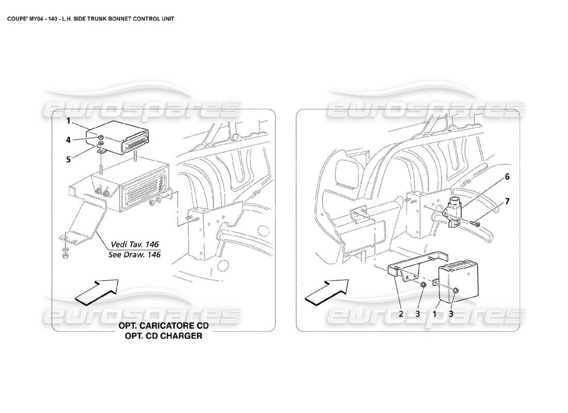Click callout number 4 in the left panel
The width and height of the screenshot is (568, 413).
(x=68, y=139)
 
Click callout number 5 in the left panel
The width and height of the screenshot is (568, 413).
(x=68, y=159)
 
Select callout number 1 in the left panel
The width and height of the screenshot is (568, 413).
(x=68, y=121)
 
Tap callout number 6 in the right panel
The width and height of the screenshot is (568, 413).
(x=507, y=177)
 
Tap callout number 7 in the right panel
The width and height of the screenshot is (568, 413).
(x=507, y=201)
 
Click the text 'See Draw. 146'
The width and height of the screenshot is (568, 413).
(x=134, y=255)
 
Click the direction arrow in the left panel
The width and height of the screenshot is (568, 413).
(x=97, y=291)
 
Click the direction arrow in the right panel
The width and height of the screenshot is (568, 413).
(x=326, y=292)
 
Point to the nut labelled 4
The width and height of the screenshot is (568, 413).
(x=102, y=138)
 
